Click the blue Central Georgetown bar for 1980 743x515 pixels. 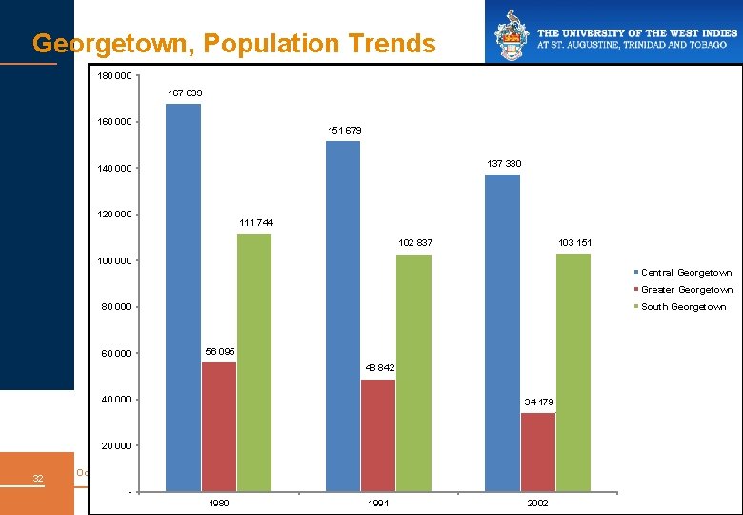pyautogui.click(x=183, y=297)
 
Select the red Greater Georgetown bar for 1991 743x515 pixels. pyautogui.click(x=378, y=435)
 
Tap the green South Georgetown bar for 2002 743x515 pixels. pyautogui.click(x=573, y=372)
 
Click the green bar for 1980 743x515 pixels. pyautogui.click(x=254, y=362)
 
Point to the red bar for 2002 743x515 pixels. pyautogui.click(x=538, y=452)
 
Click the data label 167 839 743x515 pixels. pyautogui.click(x=185, y=93)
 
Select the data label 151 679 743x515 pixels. pyautogui.click(x=344, y=131)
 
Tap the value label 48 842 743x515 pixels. pyautogui.click(x=379, y=368)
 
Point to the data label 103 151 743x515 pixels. pyautogui.click(x=574, y=243)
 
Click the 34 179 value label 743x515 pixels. pyautogui.click(x=539, y=402)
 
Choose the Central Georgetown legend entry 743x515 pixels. pyautogui.click(x=686, y=273)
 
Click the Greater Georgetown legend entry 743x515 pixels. pyautogui.click(x=686, y=290)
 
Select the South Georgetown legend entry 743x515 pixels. pyautogui.click(x=683, y=307)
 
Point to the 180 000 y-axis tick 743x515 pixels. pyautogui.click(x=114, y=76)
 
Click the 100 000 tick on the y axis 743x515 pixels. pyautogui.click(x=114, y=261)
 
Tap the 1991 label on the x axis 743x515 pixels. pyautogui.click(x=378, y=504)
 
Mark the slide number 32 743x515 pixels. pyautogui.click(x=37, y=478)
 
